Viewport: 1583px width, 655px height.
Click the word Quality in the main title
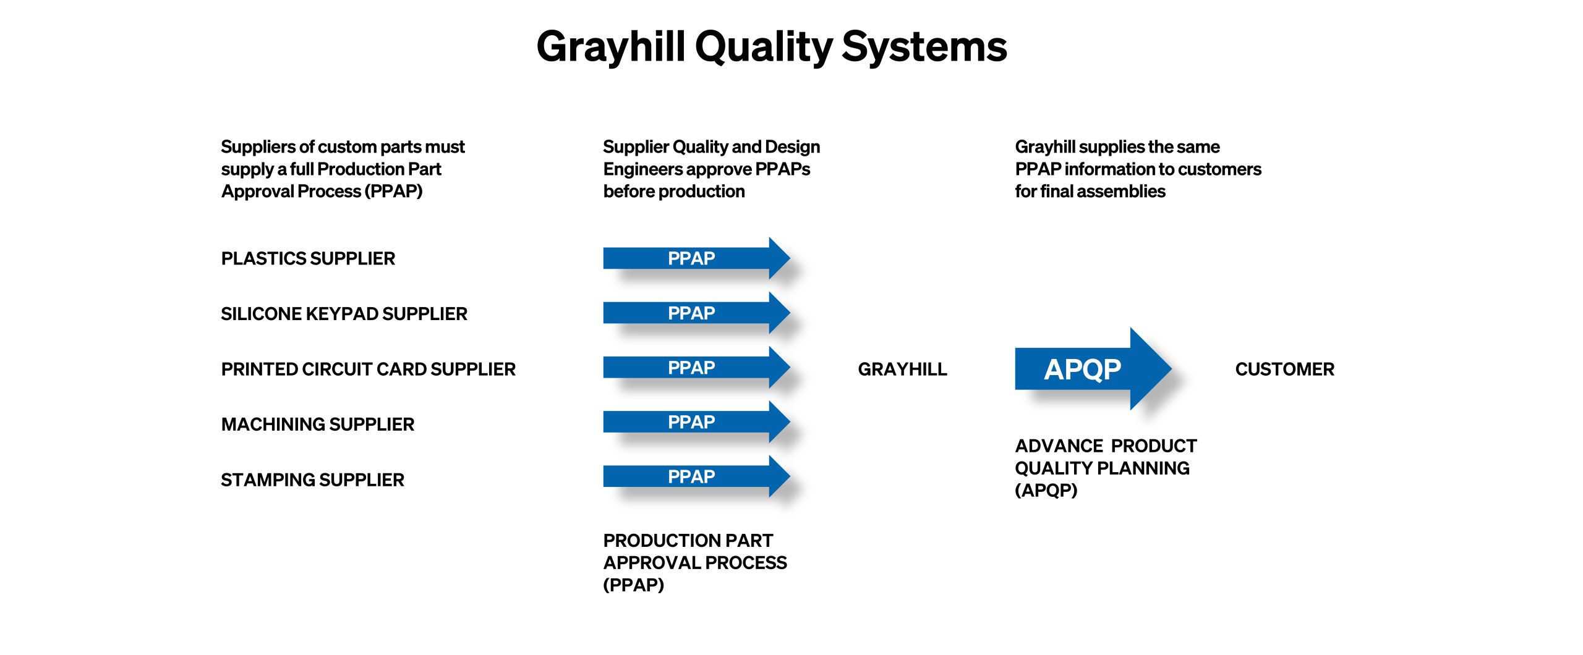click(764, 48)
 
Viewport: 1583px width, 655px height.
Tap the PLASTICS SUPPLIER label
click(308, 258)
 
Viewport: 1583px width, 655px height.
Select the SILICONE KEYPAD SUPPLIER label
click(344, 314)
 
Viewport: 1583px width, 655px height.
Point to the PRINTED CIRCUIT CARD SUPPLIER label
click(368, 369)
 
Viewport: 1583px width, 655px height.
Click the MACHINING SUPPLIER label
click(318, 425)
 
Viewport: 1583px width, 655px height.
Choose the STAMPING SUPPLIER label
click(312, 480)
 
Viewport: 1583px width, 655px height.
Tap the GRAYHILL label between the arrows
click(902, 369)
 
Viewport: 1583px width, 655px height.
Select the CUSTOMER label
click(1284, 369)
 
